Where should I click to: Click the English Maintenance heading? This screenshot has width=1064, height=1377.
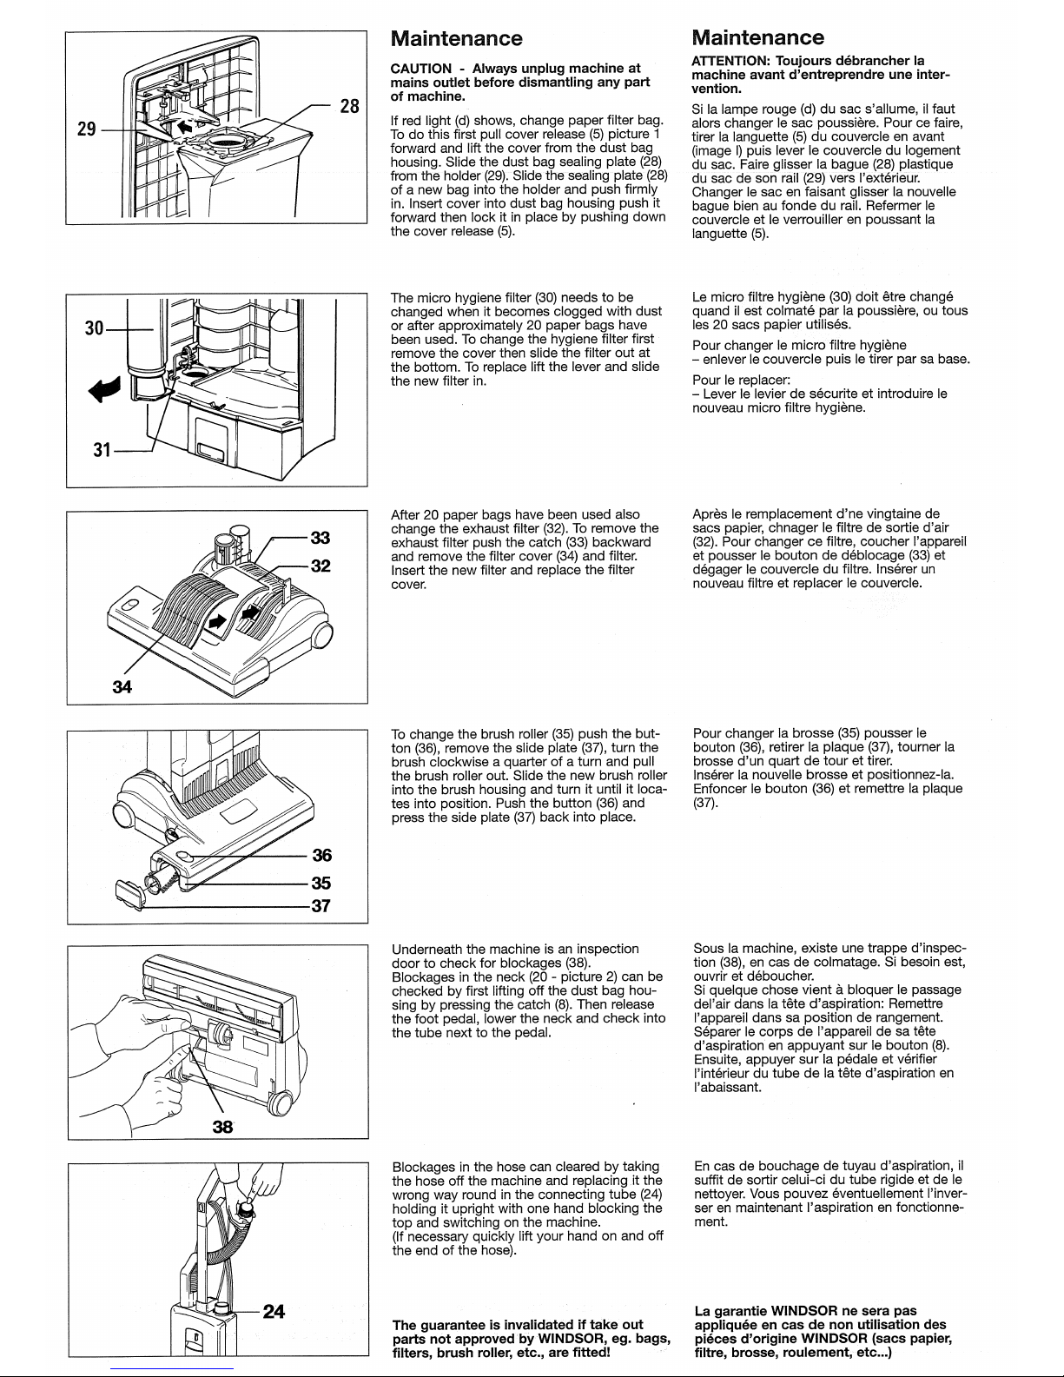pyautogui.click(x=457, y=38)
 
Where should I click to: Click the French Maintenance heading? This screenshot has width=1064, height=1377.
pyautogui.click(x=758, y=37)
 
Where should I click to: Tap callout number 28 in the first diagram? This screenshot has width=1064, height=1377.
pyautogui.click(x=349, y=106)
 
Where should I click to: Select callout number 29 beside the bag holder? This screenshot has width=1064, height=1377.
pyautogui.click(x=87, y=129)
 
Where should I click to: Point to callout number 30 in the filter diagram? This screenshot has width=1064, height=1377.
pyautogui.click(x=94, y=328)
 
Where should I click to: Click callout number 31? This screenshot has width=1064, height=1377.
pyautogui.click(x=102, y=450)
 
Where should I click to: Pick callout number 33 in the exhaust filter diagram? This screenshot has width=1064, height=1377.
pyautogui.click(x=321, y=538)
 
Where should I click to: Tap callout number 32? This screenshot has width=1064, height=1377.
pyautogui.click(x=321, y=566)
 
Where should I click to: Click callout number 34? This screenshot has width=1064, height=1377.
pyautogui.click(x=122, y=687)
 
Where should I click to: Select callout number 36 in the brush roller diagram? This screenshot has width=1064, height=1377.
pyautogui.click(x=321, y=856)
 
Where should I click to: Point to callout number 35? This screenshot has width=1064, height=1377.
pyautogui.click(x=321, y=883)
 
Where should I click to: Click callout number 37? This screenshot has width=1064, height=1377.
pyautogui.click(x=321, y=905)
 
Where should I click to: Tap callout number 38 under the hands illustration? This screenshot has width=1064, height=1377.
pyautogui.click(x=223, y=1126)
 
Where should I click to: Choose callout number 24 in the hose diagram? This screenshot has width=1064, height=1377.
pyautogui.click(x=274, y=1311)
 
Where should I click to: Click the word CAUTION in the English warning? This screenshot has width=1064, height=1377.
pyautogui.click(x=421, y=69)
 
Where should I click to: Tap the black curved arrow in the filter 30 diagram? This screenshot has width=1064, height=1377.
pyautogui.click(x=104, y=389)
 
